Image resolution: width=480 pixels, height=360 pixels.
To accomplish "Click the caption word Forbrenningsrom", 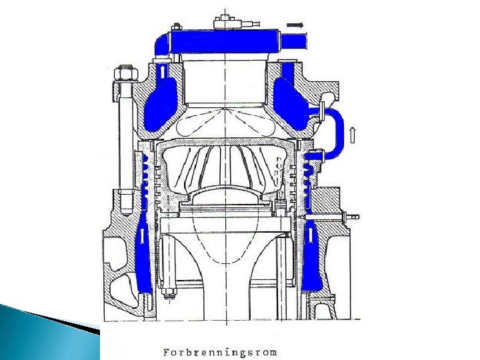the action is point(220,353).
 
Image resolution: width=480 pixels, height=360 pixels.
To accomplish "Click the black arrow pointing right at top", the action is point(295,25).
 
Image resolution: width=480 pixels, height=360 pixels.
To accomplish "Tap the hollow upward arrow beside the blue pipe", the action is point(353,135).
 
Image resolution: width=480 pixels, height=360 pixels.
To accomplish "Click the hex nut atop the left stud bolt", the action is point(125,73).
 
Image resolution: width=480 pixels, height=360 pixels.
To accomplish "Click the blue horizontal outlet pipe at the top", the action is point(225,41).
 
